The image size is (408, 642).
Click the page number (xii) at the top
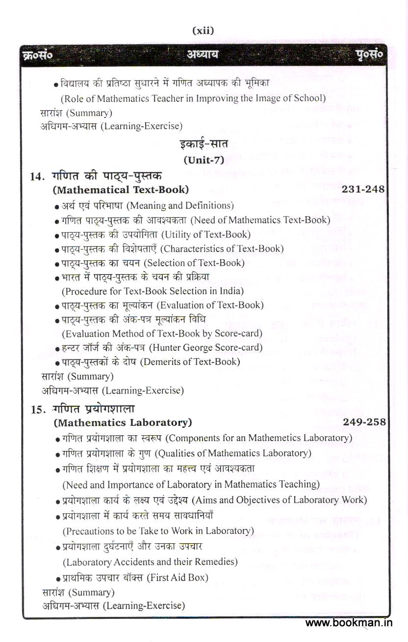(x=203, y=31)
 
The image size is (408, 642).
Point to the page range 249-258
(x=364, y=422)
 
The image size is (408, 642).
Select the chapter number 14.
(x=38, y=176)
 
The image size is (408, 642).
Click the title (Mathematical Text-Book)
(x=120, y=190)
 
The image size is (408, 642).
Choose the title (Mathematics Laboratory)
(x=123, y=422)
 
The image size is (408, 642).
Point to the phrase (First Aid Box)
(x=178, y=578)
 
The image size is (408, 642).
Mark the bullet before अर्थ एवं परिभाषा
(x=57, y=206)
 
